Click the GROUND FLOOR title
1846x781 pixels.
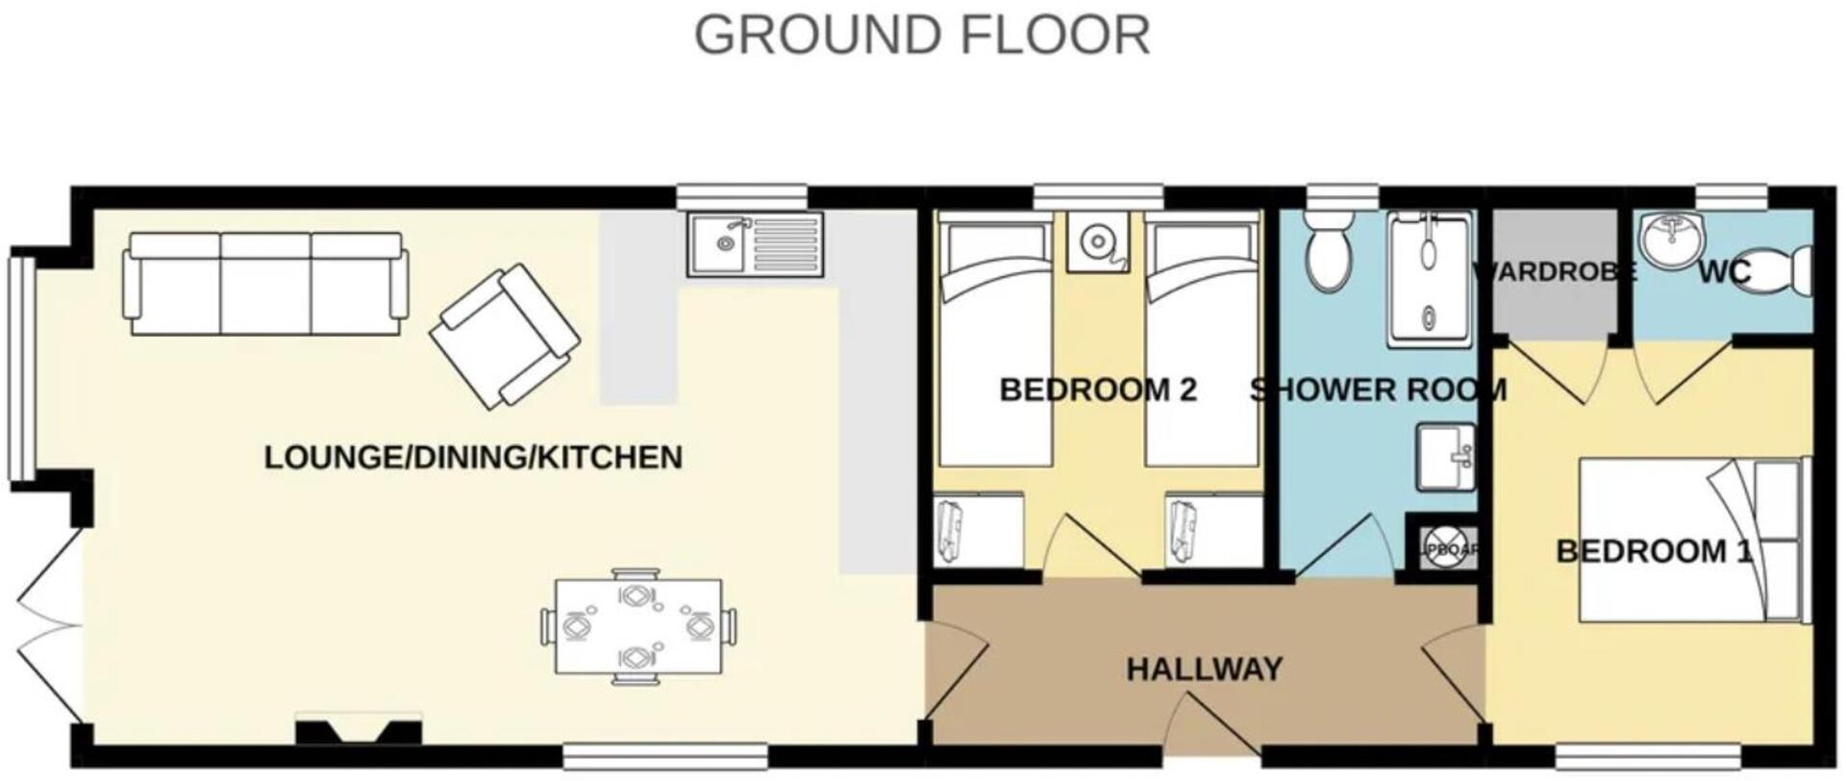[921, 36]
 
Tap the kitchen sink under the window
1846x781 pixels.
[755, 245]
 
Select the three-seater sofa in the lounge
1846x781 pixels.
[264, 284]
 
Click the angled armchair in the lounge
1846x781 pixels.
[504, 335]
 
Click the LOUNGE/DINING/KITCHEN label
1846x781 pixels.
[473, 458]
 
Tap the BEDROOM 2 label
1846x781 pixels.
[1098, 390]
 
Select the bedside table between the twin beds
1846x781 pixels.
[1097, 241]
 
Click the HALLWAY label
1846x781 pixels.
[1204, 668]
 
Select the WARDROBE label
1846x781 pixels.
[1554, 273]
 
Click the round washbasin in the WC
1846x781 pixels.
[1671, 241]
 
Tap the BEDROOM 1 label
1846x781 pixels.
[1654, 552]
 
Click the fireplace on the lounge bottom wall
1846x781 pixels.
[358, 730]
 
